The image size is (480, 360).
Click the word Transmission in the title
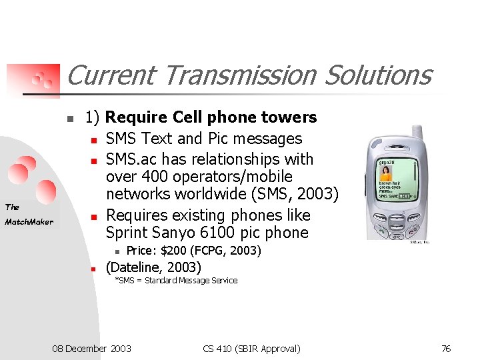pyautogui.click(x=239, y=75)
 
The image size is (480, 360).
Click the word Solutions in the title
pyautogui.click(x=378, y=75)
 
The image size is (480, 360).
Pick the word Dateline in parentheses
pyautogui.click(x=137, y=267)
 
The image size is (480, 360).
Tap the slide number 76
pyautogui.click(x=446, y=348)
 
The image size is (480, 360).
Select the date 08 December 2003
pyautogui.click(x=92, y=348)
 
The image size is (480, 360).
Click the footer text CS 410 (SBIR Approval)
pyautogui.click(x=251, y=348)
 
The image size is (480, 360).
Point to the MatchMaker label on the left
pyautogui.click(x=29, y=222)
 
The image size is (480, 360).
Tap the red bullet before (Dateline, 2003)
pyautogui.click(x=95, y=269)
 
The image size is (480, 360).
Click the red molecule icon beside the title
pyautogui.click(x=43, y=79)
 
